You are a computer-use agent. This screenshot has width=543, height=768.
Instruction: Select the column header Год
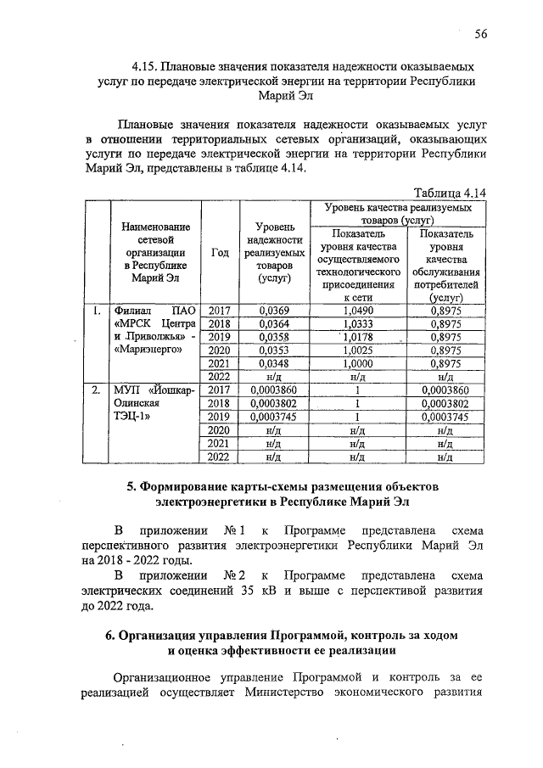coord(219,254)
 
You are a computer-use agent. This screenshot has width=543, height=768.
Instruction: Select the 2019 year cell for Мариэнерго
coord(219,337)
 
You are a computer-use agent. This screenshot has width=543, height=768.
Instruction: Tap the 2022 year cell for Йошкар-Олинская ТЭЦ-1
coord(219,457)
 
